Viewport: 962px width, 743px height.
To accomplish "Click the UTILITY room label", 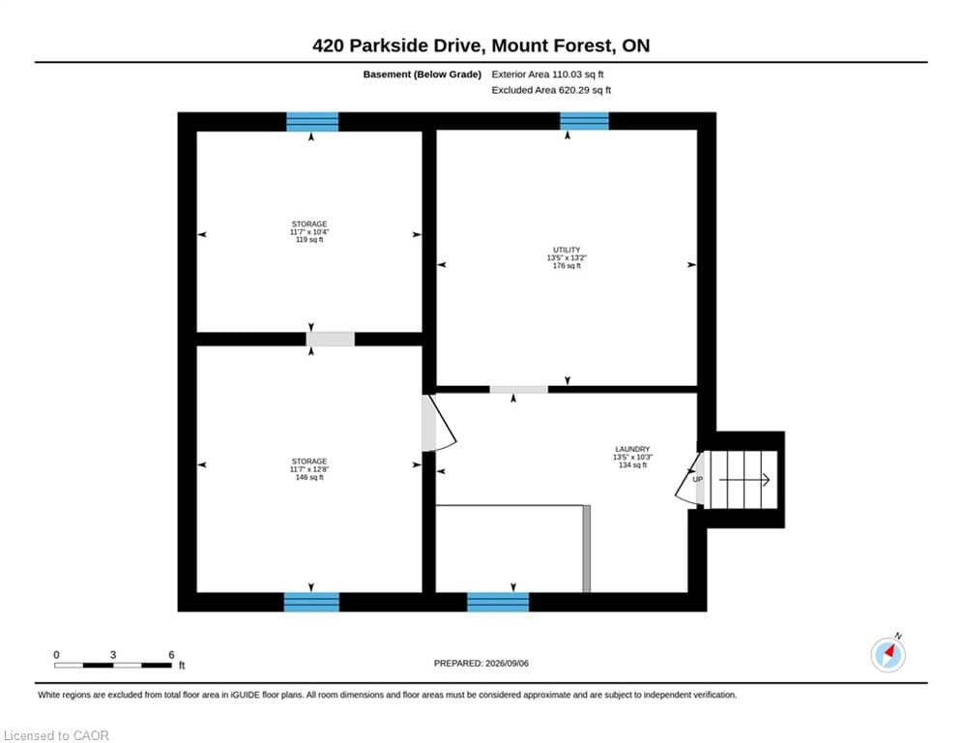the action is click(567, 250).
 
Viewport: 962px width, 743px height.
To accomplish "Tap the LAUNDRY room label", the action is click(632, 449).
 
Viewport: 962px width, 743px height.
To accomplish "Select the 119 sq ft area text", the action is click(309, 240).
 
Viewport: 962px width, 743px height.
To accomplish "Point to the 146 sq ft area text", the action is click(309, 477).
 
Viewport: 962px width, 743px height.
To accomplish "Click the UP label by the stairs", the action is click(698, 479).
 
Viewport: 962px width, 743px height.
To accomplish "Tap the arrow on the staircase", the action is click(744, 480).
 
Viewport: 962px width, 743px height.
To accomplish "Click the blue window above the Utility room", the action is click(584, 121).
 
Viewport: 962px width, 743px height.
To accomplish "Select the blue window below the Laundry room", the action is click(498, 602).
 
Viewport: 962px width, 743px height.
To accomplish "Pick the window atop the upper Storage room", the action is click(312, 122).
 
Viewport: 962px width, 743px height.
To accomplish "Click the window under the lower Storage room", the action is click(311, 602).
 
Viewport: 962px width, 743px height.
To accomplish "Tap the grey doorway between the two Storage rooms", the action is click(330, 339).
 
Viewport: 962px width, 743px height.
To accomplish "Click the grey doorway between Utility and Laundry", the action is click(518, 389).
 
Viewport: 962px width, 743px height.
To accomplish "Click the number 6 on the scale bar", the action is click(171, 655).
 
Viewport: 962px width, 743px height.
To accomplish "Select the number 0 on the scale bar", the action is click(56, 655).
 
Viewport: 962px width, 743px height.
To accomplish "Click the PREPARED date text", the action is click(481, 663).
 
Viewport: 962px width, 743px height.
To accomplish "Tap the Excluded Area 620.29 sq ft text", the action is click(551, 90).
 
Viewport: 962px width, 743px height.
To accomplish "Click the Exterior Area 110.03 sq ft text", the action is click(547, 74).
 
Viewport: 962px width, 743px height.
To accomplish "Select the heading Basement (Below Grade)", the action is click(423, 74).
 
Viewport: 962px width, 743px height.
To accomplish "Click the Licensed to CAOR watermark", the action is click(56, 735).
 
